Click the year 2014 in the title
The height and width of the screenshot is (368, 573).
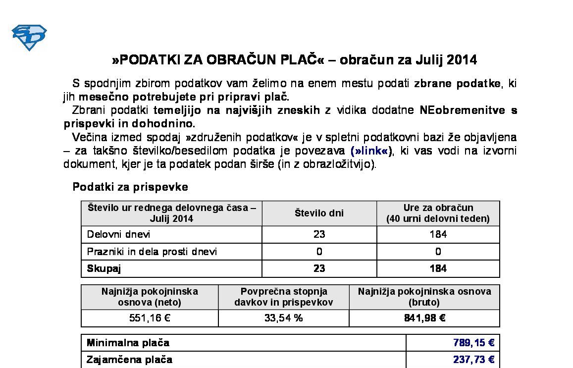pyautogui.click(x=462, y=60)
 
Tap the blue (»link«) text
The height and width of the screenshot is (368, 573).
pyautogui.click(x=371, y=151)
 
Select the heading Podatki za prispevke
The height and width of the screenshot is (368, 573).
pyautogui.click(x=130, y=187)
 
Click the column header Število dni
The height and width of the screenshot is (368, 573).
pyautogui.click(x=319, y=213)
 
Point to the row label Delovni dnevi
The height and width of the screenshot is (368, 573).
pyautogui.click(x=118, y=234)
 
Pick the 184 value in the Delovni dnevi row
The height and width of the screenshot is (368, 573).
pyautogui.click(x=438, y=234)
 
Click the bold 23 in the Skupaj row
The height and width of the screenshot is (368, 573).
pyautogui.click(x=319, y=268)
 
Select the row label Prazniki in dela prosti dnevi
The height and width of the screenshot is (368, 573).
pyautogui.click(x=152, y=252)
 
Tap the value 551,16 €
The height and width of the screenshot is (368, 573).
pyautogui.click(x=150, y=318)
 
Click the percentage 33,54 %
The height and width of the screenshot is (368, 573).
pyautogui.click(x=283, y=318)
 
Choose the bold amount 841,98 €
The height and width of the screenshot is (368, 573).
pyautogui.click(x=424, y=318)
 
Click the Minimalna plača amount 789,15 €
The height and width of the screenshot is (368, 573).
pyautogui.click(x=473, y=343)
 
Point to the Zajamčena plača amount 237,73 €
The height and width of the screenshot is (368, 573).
pyautogui.click(x=473, y=360)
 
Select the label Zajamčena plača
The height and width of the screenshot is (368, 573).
pyautogui.click(x=129, y=360)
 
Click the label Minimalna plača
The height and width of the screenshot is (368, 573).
pyautogui.click(x=128, y=343)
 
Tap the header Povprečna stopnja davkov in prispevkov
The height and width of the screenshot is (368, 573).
pyautogui.click(x=283, y=297)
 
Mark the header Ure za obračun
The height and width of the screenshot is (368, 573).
pyautogui.click(x=438, y=208)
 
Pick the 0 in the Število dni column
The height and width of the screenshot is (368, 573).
pyautogui.click(x=319, y=252)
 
